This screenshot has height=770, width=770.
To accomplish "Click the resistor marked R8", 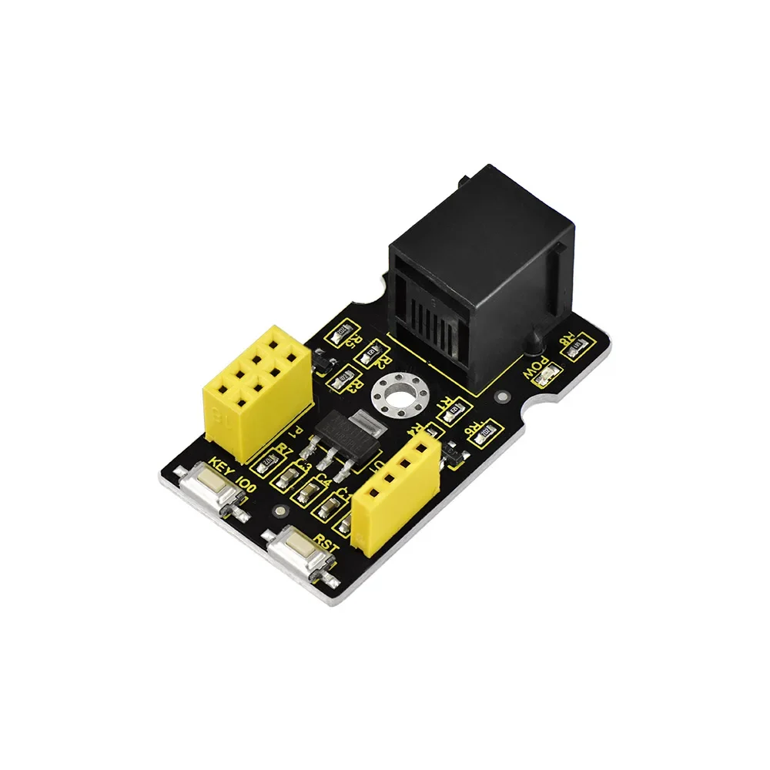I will [577, 346].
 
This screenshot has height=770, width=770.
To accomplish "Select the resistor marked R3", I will [344, 378].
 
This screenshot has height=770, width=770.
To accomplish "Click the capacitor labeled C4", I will [310, 490].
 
